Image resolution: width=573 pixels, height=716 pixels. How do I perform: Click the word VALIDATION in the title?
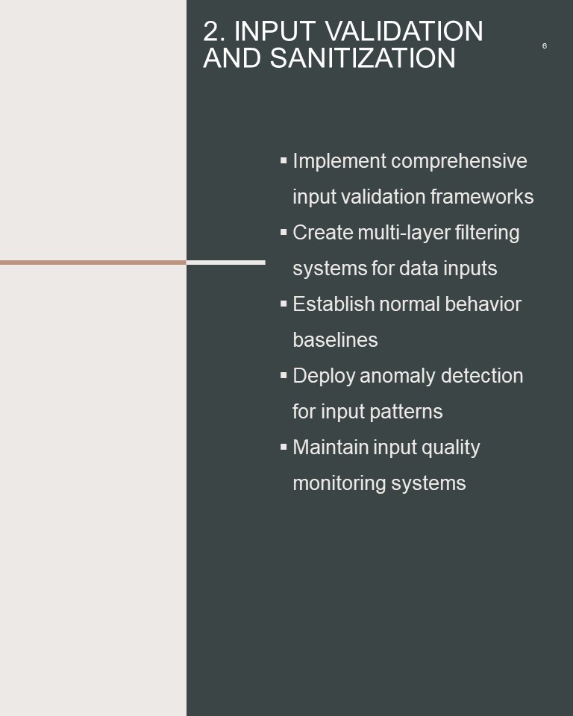pos(404,31)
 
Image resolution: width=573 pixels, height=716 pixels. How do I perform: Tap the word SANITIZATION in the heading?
pos(363,58)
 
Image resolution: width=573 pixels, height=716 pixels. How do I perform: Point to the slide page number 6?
pos(544,45)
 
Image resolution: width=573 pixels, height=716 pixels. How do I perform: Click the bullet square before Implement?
pos(284,160)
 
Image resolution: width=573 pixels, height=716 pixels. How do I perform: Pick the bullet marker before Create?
pos(284,232)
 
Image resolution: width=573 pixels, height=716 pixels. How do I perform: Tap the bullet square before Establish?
pos(284,304)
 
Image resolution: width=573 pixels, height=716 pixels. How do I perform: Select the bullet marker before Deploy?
pos(284,375)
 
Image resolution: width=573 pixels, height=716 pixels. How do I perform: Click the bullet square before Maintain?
pos(284,447)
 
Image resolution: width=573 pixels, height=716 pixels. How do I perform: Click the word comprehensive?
pos(460,162)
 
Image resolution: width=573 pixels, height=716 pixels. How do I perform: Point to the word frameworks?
pos(482,197)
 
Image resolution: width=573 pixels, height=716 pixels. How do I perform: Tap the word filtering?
pos(487,233)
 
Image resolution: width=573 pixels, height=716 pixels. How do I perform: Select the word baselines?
pos(336,340)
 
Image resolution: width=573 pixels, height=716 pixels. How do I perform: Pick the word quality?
pos(451,448)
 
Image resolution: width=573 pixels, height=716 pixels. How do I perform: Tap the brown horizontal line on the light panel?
pos(93,263)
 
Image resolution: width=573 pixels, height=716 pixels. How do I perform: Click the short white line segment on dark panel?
pos(226,263)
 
